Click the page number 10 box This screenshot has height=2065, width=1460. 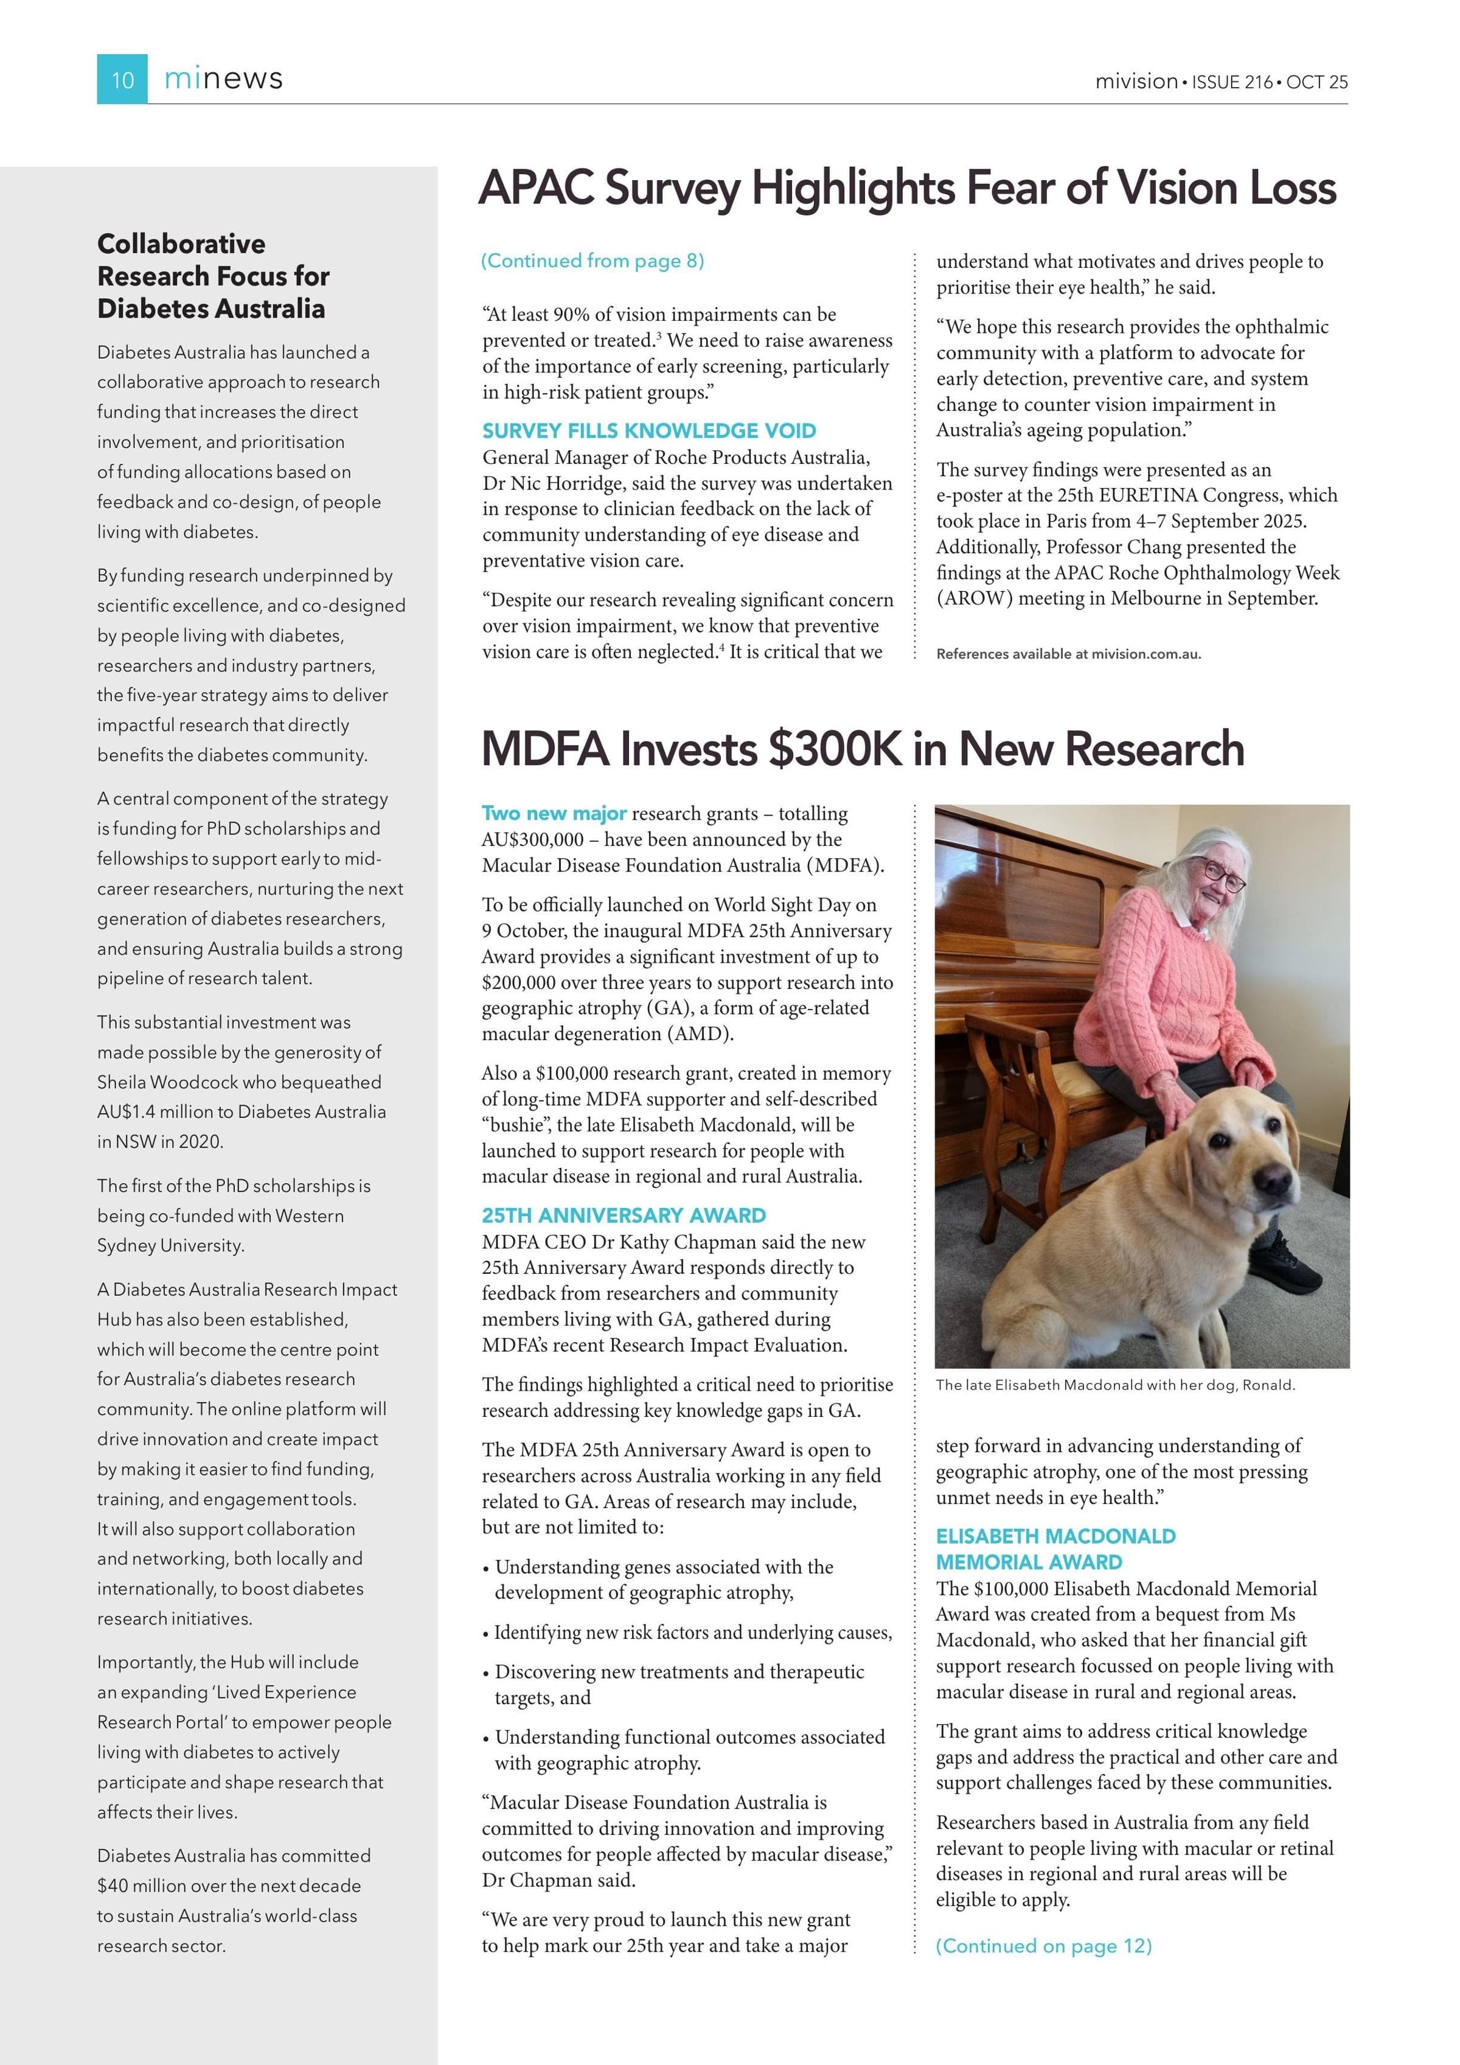(122, 79)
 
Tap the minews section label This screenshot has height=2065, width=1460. (223, 79)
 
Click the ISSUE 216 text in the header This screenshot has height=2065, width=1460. (1232, 82)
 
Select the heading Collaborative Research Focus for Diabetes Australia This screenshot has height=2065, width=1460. (213, 276)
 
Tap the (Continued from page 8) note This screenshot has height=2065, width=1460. (593, 261)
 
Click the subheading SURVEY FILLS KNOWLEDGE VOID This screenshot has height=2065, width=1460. (649, 431)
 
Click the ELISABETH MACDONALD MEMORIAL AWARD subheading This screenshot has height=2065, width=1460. (1055, 1549)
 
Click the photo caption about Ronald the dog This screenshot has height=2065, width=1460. (1115, 1385)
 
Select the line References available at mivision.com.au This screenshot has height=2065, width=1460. (1068, 654)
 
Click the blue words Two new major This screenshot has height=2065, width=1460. (554, 814)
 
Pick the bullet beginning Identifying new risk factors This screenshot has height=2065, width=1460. (688, 1632)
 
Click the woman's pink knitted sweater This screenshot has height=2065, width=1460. (1159, 990)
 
